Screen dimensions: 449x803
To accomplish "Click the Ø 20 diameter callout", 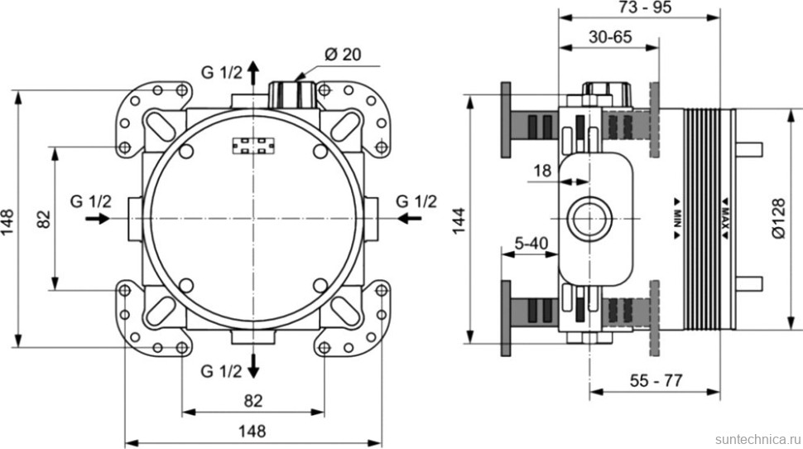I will click(340, 55).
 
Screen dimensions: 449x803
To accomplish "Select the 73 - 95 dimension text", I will click(645, 7).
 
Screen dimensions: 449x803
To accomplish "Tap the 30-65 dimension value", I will click(611, 36).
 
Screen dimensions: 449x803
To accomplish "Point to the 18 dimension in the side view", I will click(543, 171).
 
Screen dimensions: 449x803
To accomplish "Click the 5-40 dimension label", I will click(530, 243).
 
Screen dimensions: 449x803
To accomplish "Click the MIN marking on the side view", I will click(676, 217).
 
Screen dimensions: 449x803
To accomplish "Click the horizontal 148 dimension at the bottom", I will click(252, 431).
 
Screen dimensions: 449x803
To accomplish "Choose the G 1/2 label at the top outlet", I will click(222, 72).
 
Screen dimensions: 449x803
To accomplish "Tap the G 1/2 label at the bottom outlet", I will click(222, 370).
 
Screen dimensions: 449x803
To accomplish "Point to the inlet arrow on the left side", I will click(98, 219).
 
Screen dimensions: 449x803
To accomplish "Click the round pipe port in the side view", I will click(589, 220).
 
